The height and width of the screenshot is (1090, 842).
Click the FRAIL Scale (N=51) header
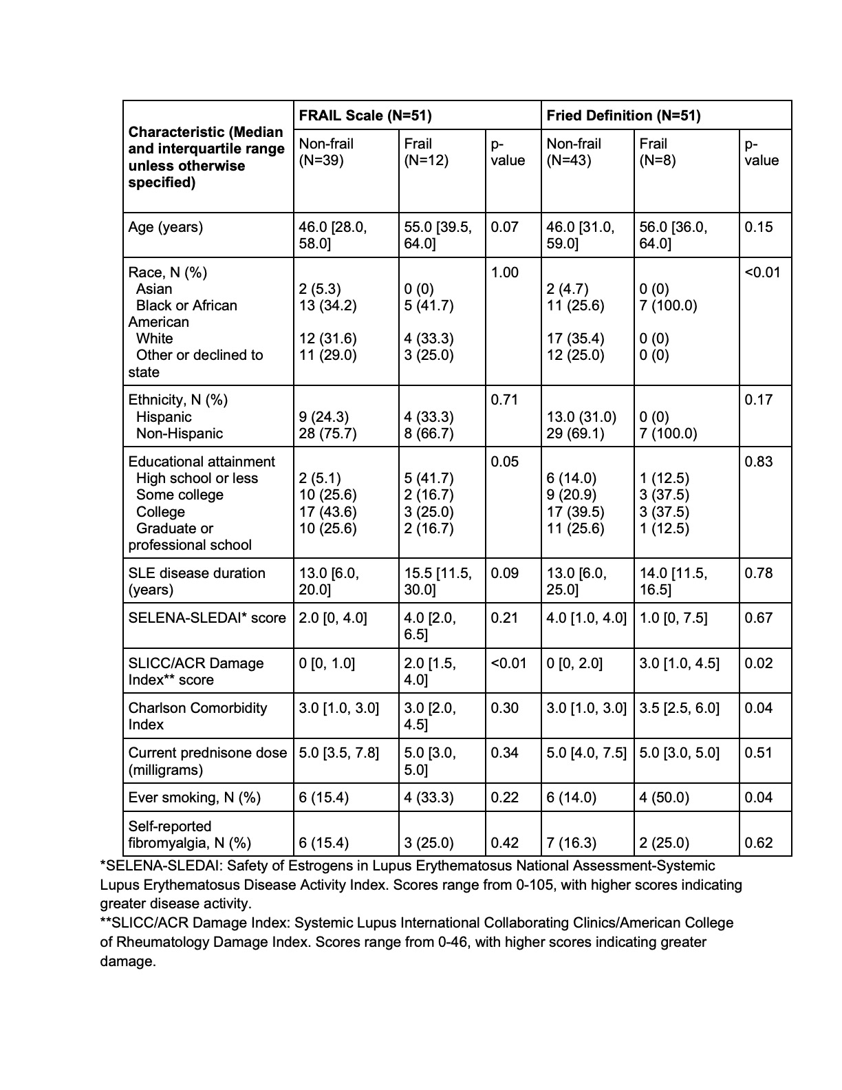(365, 116)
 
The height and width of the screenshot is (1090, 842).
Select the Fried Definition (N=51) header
(623, 116)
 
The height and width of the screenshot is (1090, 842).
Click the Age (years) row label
(166, 228)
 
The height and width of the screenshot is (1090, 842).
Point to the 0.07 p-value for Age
(504, 227)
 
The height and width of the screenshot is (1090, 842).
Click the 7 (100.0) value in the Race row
(668, 306)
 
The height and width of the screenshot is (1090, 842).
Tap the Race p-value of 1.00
(504, 272)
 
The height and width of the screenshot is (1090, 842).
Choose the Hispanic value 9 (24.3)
(324, 417)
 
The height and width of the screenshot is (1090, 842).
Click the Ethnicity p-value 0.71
(504, 400)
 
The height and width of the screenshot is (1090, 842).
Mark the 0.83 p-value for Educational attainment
(759, 462)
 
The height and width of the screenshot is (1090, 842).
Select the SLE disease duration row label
(196, 581)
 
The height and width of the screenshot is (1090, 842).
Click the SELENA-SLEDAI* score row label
(206, 618)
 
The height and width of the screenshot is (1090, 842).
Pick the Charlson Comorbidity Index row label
(197, 716)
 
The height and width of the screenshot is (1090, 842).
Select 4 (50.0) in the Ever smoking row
(666, 798)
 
